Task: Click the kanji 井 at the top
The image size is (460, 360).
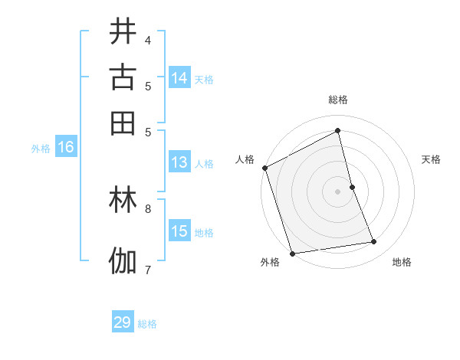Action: click(x=123, y=33)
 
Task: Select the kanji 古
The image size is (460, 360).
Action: click(x=123, y=77)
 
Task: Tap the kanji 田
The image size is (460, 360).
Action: click(x=123, y=123)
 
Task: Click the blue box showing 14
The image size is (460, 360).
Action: click(x=179, y=78)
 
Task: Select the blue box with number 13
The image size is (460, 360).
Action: click(x=179, y=162)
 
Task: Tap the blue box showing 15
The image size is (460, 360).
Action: click(x=179, y=231)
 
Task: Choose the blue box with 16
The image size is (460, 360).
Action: click(x=66, y=148)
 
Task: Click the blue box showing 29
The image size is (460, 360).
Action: click(x=123, y=322)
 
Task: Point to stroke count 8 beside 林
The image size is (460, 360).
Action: click(x=147, y=208)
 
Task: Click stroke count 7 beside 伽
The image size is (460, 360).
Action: click(x=147, y=269)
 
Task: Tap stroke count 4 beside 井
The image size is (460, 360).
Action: click(x=147, y=40)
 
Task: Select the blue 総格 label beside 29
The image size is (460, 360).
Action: click(x=147, y=324)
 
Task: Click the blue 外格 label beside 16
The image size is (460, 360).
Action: click(x=41, y=149)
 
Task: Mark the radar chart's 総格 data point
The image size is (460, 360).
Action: click(x=337, y=131)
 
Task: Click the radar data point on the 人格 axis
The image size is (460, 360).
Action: click(x=264, y=168)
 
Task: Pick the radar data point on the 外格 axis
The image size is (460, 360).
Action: click(x=292, y=253)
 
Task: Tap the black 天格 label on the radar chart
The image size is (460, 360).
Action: click(x=431, y=159)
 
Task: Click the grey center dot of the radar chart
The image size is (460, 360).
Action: click(x=337, y=191)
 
